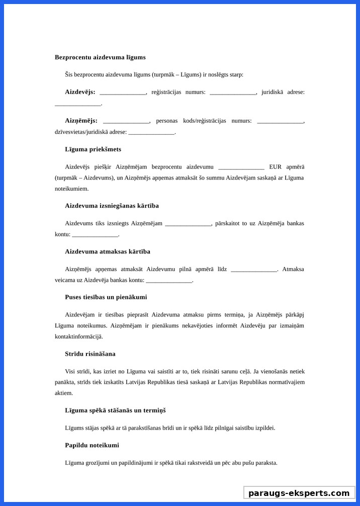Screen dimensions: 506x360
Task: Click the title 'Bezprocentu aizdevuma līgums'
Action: click(100, 57)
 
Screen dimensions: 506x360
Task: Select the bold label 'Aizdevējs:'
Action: click(80, 92)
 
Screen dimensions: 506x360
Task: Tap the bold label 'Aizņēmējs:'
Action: click(81, 121)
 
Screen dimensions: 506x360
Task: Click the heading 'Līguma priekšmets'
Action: click(93, 149)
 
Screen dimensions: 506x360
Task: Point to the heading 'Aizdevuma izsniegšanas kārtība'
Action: click(112, 206)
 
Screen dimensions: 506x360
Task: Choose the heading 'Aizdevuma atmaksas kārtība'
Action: click(108, 251)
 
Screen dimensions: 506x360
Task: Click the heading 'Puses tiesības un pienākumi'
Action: click(106, 297)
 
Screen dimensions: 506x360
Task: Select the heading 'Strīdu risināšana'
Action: click(90, 354)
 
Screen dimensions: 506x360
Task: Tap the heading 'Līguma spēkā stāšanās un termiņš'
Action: click(115, 410)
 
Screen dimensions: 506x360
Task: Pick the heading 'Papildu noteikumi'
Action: click(92, 446)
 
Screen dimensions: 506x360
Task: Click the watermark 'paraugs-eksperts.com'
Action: click(299, 493)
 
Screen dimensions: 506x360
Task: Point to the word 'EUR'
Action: click(276, 167)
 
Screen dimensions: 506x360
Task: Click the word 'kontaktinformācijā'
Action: click(78, 336)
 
